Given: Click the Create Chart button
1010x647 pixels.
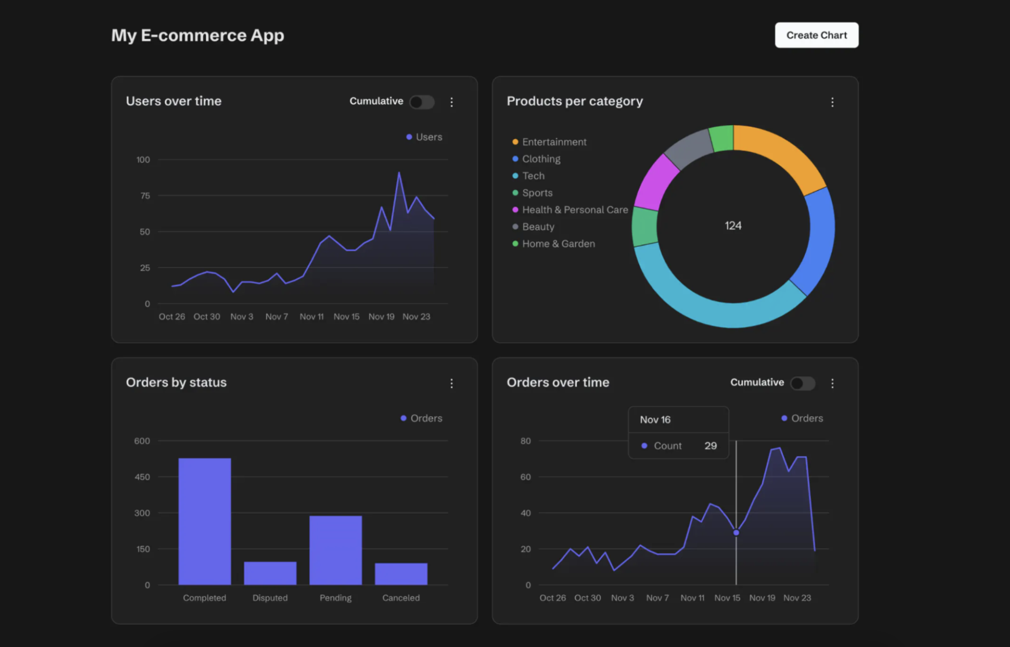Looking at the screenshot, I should pyautogui.click(x=816, y=35).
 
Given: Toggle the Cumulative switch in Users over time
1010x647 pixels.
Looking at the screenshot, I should pyautogui.click(x=422, y=101).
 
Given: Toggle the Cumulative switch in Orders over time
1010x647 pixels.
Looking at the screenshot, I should pyautogui.click(x=802, y=383).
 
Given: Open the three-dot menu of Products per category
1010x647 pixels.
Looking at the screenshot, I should pyautogui.click(x=832, y=102).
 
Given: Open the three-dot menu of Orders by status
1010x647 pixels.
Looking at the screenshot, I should pyautogui.click(x=451, y=384).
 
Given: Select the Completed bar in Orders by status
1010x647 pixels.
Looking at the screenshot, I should pyautogui.click(x=205, y=520).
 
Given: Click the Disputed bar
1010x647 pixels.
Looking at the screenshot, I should pyautogui.click(x=270, y=573).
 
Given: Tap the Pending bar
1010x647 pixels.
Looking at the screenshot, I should pyautogui.click(x=336, y=549).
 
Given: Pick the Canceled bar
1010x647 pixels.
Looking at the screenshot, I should pyautogui.click(x=401, y=573).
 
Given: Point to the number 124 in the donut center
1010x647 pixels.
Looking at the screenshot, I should pyautogui.click(x=733, y=225).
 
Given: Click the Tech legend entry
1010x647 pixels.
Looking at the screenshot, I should pyautogui.click(x=533, y=176).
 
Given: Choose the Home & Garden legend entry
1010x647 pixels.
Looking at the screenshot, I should pyautogui.click(x=558, y=244).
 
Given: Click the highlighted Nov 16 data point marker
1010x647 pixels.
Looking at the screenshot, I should pyautogui.click(x=736, y=532).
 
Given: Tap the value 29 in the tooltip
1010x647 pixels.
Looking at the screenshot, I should pyautogui.click(x=710, y=446).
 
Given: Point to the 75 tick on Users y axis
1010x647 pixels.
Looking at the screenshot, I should pyautogui.click(x=145, y=196).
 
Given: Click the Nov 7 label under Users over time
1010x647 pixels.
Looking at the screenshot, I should pyautogui.click(x=277, y=316).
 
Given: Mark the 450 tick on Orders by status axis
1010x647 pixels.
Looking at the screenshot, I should pyautogui.click(x=142, y=477).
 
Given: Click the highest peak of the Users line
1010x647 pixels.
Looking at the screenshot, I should pyautogui.click(x=399, y=173).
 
